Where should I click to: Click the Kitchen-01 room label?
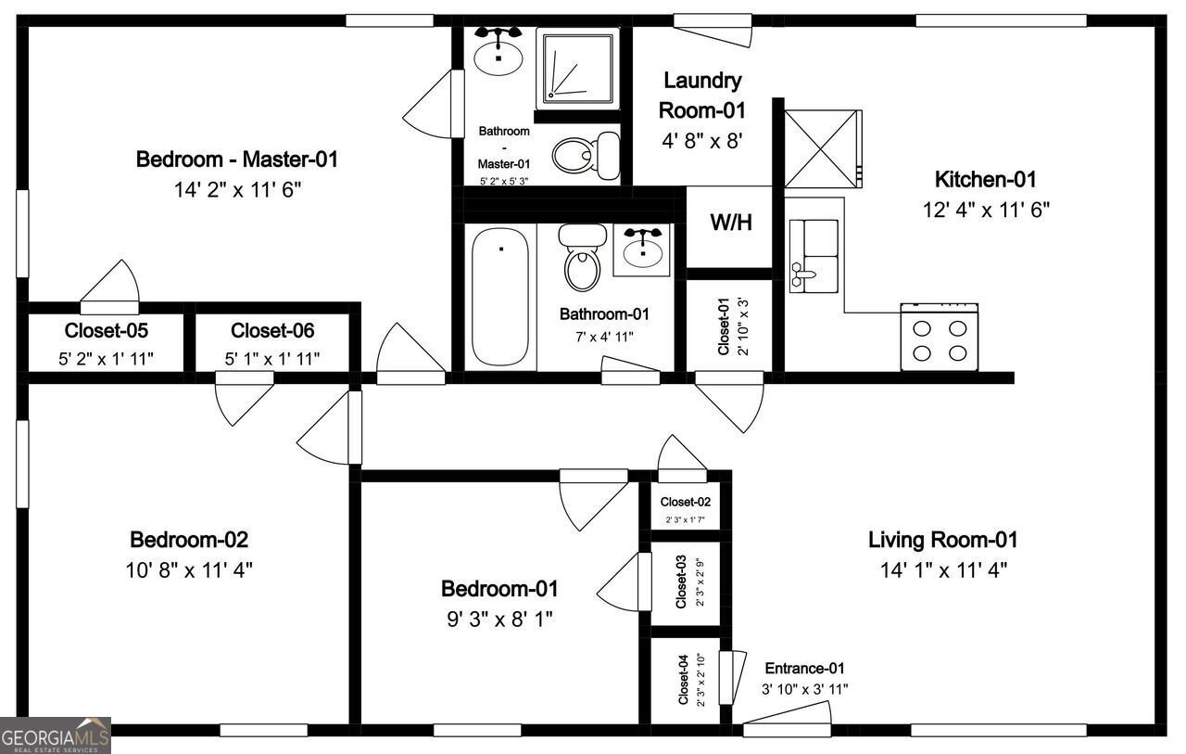(985, 179)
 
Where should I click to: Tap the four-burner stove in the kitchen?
(940, 339)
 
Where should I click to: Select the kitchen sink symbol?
(814, 256)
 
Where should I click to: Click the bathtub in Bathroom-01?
(500, 297)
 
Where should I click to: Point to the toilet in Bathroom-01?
(582, 258)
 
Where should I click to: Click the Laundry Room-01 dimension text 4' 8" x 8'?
(702, 142)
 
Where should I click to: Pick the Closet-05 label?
(107, 330)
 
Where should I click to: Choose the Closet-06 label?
(272, 330)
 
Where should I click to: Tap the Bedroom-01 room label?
(499, 588)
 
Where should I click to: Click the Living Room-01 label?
(942, 539)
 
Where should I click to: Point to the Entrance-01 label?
(804, 668)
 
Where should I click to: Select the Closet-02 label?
(685, 502)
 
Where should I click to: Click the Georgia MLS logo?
(56, 735)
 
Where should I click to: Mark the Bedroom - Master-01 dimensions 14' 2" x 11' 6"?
(237, 189)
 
